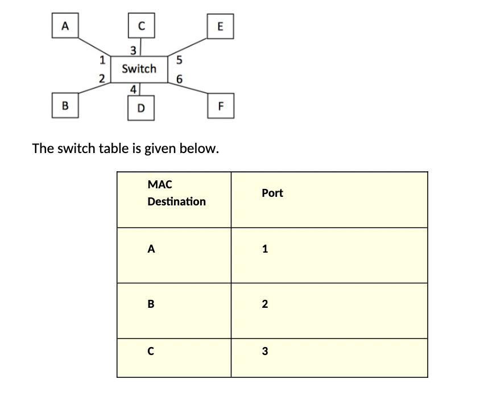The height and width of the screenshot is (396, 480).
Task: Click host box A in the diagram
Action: coord(65,26)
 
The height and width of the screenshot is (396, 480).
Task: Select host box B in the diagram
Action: coord(65,105)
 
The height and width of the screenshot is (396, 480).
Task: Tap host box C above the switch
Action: coord(141,26)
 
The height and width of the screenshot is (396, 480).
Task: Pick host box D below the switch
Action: coord(141,108)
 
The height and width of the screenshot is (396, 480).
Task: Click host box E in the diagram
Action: coord(221,26)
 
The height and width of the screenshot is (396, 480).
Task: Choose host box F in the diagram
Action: coord(221,106)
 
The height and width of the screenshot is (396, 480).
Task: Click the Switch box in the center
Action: coord(139,69)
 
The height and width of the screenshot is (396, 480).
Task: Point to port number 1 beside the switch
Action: coord(102,59)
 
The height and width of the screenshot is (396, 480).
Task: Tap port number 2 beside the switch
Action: coord(102,79)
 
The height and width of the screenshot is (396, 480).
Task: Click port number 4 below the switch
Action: coord(133,89)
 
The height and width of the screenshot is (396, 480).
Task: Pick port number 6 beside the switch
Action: coord(179,80)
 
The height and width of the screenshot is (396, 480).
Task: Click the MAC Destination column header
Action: coord(176,193)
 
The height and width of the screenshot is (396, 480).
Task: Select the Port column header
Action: coord(272,193)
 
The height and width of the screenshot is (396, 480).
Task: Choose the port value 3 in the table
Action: coord(265,352)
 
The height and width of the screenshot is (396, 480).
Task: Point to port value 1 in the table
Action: coord(265,249)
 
